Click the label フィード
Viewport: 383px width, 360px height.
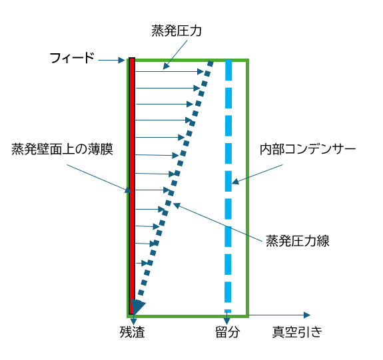72,58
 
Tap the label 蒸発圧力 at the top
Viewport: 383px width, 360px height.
177,31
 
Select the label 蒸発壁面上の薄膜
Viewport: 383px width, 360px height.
63,149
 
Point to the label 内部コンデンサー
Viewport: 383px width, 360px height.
308,149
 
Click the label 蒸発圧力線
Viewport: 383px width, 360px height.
297,241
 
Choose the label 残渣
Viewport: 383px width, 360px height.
132,331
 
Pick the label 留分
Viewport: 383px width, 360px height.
227,331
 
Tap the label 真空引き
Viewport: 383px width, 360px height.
297,331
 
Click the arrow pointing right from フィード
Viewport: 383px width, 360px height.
112,60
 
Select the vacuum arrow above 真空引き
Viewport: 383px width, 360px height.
280,315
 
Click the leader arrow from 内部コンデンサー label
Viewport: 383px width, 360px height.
257,174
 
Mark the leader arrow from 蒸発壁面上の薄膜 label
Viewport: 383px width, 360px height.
99,178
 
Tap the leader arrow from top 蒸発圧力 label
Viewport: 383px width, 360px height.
175,55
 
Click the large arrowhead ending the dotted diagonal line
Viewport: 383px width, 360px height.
137,307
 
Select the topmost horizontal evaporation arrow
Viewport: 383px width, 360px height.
170,71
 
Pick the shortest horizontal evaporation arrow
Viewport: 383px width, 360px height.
142,263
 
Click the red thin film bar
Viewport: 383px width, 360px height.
132,186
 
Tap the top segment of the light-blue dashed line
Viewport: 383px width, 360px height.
228,70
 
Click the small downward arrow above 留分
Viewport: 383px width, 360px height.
227,319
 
